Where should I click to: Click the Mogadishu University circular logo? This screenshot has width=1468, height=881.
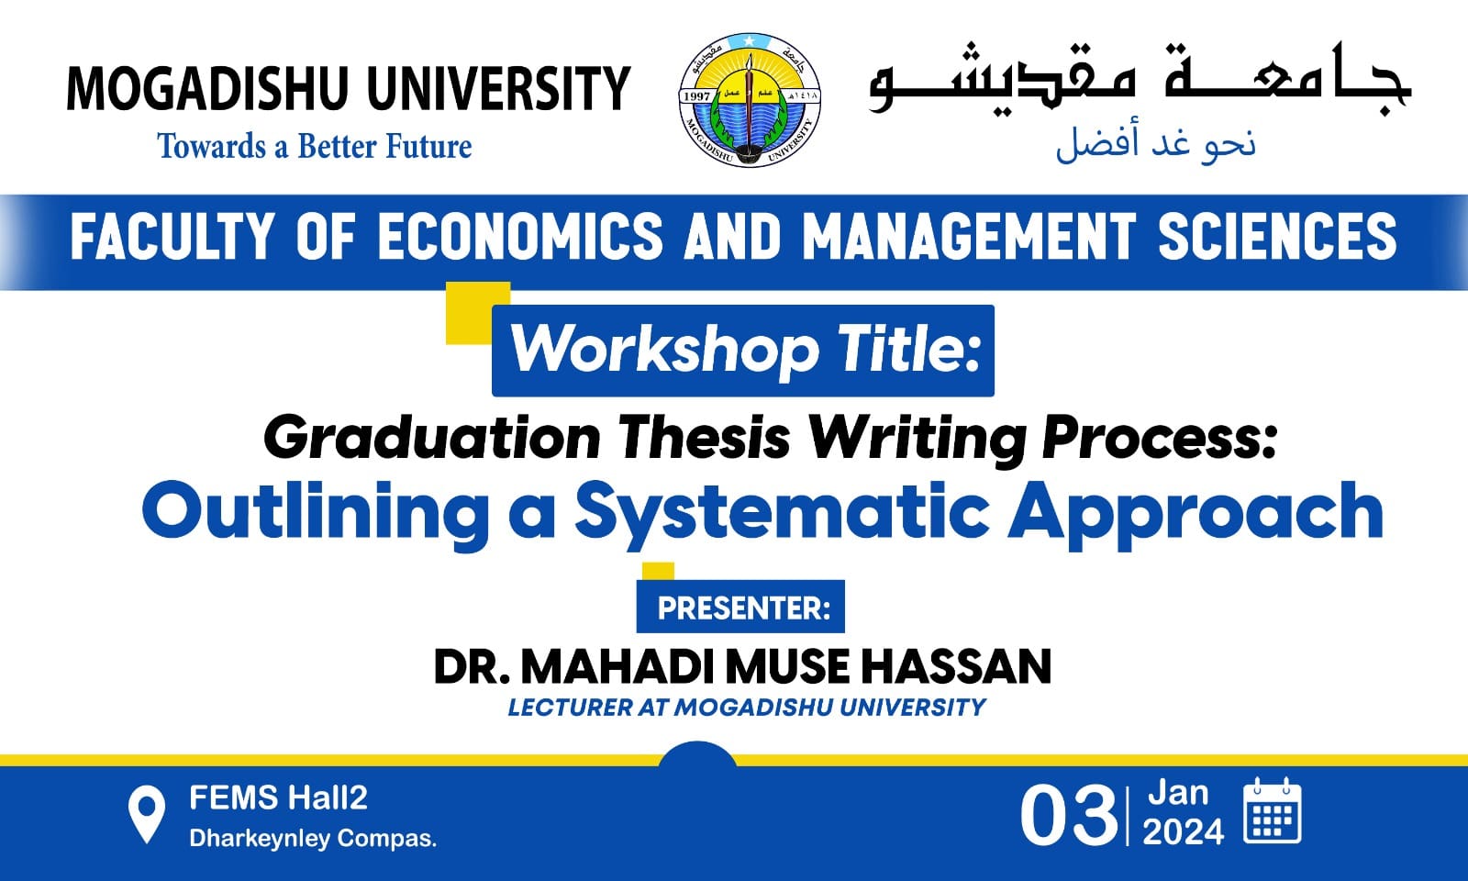click(749, 100)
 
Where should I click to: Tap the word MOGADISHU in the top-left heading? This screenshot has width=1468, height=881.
click(207, 88)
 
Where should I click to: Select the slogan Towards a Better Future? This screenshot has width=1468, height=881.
click(315, 146)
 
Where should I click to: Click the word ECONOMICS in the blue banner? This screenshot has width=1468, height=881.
click(520, 236)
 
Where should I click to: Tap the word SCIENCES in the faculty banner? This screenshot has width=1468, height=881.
click(1277, 236)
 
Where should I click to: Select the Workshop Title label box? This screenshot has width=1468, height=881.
click(743, 351)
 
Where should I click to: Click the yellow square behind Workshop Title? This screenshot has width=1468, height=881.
click(469, 313)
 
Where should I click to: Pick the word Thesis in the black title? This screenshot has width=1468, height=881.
click(705, 438)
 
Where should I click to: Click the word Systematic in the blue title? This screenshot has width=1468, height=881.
click(782, 514)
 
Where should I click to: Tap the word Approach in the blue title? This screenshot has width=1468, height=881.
click(1196, 514)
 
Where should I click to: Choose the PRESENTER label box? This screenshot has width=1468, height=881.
click(740, 607)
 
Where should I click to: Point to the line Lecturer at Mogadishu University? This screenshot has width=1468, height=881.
click(747, 708)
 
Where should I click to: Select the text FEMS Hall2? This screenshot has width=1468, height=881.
click(279, 798)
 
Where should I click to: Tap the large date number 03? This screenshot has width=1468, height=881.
click(1068, 817)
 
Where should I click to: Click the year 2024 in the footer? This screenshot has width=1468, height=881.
click(1184, 832)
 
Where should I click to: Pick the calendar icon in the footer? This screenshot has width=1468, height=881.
click(1273, 810)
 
